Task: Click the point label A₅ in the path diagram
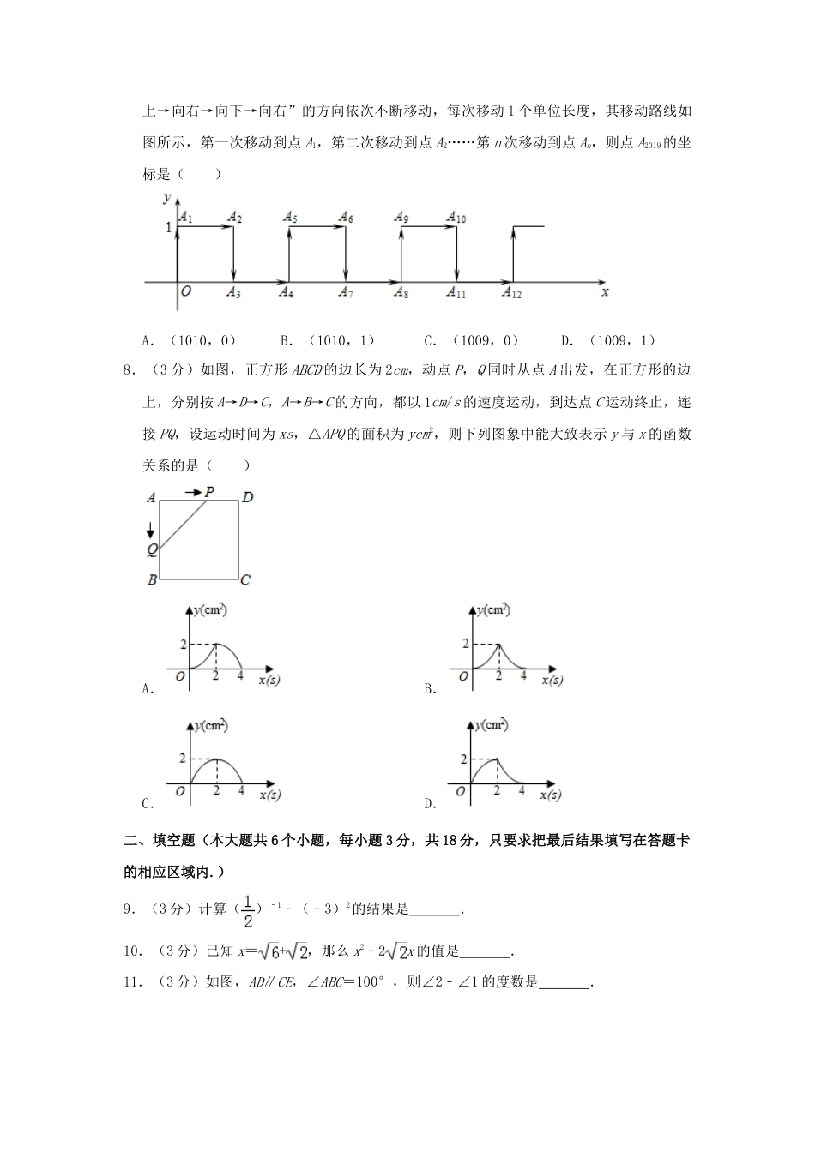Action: pyautogui.click(x=290, y=218)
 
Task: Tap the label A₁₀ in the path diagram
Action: pyautogui.click(x=456, y=218)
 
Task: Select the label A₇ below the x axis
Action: pyautogui.click(x=345, y=293)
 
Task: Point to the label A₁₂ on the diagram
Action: pyautogui.click(x=512, y=293)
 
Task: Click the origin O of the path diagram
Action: pyautogui.click(x=185, y=291)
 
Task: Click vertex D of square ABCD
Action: pyautogui.click(x=247, y=497)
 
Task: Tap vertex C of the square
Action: pyautogui.click(x=244, y=579)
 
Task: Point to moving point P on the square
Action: pyautogui.click(x=208, y=492)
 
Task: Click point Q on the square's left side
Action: pyautogui.click(x=151, y=549)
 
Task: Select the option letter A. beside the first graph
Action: pyautogui.click(x=148, y=688)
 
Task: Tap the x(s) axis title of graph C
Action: pyautogui.click(x=270, y=795)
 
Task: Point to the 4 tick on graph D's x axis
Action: pyautogui.click(x=522, y=790)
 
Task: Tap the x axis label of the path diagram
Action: pyautogui.click(x=605, y=292)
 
